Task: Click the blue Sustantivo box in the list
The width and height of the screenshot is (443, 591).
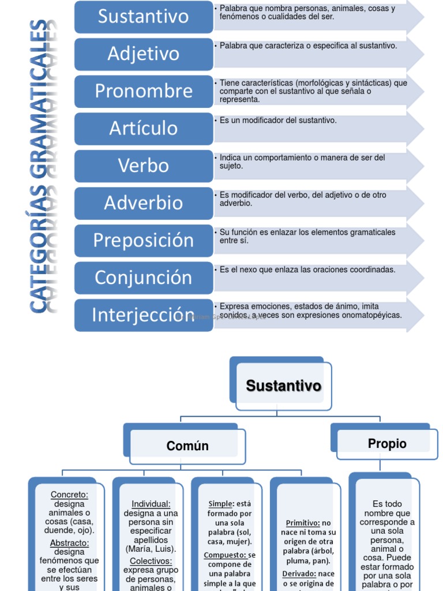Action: click(144, 16)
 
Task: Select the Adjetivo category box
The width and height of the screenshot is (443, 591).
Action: click(144, 54)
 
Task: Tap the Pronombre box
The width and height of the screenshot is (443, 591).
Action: click(144, 91)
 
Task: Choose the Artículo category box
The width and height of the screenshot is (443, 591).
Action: click(144, 128)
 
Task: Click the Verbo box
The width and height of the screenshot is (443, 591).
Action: click(144, 166)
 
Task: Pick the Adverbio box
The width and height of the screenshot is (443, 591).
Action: click(144, 203)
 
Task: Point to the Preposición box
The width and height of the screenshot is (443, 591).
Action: click(144, 240)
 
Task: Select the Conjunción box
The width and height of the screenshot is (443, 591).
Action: click(144, 278)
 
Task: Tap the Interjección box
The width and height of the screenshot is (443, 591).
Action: click(144, 315)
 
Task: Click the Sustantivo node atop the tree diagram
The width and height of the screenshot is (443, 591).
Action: click(283, 386)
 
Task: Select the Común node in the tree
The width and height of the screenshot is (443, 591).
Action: click(187, 446)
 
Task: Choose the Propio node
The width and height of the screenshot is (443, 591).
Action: click(387, 443)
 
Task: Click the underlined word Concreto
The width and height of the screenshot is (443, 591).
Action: click(69, 495)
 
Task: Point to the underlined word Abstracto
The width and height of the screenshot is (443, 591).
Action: click(69, 543)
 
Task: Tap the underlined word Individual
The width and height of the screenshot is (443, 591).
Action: click(151, 504)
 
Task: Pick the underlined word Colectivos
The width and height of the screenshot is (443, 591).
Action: click(151, 561)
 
